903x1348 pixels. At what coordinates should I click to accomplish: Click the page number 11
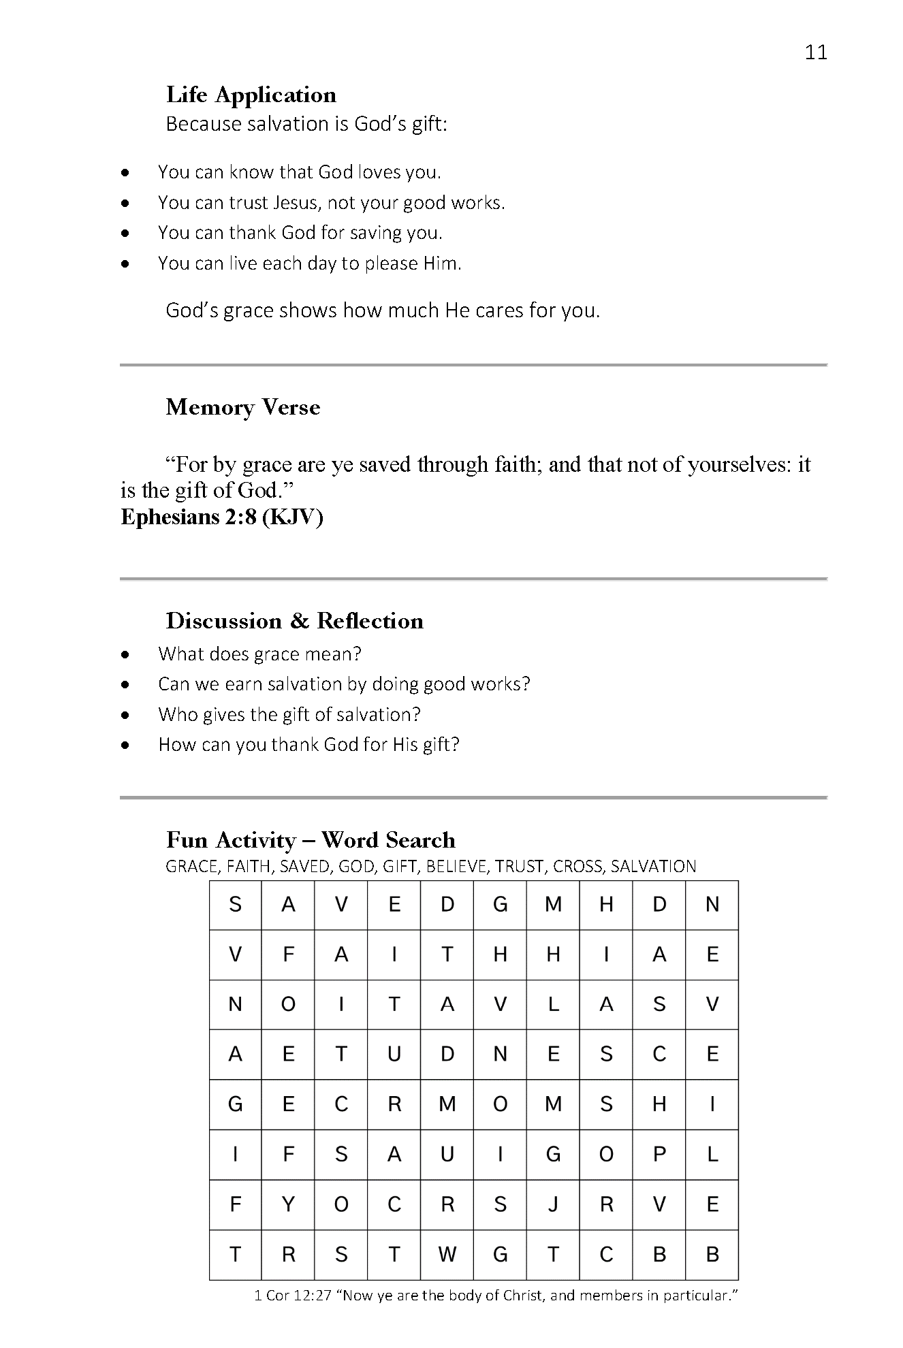pyautogui.click(x=815, y=52)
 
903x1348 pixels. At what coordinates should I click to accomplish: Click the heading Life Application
pyautogui.click(x=251, y=95)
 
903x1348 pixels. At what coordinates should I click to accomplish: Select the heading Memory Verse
pyautogui.click(x=242, y=407)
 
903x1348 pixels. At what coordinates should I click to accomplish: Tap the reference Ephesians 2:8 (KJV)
pyautogui.click(x=221, y=517)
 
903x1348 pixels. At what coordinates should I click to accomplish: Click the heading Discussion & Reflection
pyautogui.click(x=294, y=621)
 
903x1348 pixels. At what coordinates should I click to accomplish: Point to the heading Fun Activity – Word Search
pyautogui.click(x=311, y=840)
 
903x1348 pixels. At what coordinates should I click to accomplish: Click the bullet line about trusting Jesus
pyautogui.click(x=331, y=203)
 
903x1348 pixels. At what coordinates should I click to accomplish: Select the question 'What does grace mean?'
pyautogui.click(x=259, y=654)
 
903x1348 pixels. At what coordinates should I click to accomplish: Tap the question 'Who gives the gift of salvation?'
pyautogui.click(x=289, y=714)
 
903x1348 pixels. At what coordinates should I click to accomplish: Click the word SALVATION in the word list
pyautogui.click(x=653, y=867)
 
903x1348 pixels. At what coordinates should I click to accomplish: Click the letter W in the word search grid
pyautogui.click(x=447, y=1255)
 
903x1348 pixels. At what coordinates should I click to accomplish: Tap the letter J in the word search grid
pyautogui.click(x=553, y=1204)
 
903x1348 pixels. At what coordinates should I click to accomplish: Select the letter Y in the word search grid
pyautogui.click(x=288, y=1204)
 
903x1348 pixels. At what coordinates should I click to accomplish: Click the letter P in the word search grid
pyautogui.click(x=659, y=1155)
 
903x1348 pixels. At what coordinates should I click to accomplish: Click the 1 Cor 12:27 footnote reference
pyautogui.click(x=292, y=1296)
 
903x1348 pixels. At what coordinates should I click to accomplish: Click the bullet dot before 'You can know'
pyautogui.click(x=125, y=174)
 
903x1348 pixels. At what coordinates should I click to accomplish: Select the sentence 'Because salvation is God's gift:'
pyautogui.click(x=306, y=125)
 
